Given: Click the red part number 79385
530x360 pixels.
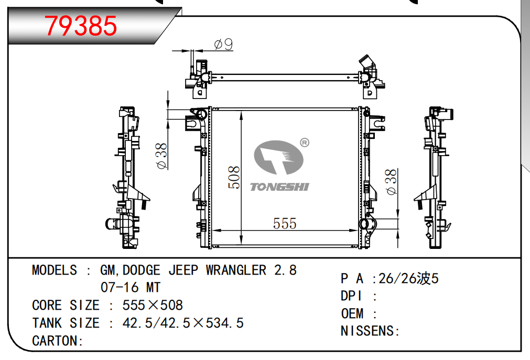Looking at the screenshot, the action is click(81, 26).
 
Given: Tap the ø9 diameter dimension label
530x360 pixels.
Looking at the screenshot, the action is click(223, 44).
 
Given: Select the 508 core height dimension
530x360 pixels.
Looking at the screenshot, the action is click(234, 177).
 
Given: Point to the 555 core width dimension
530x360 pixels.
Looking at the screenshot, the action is click(285, 223).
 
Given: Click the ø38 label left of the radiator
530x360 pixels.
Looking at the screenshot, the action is click(161, 156).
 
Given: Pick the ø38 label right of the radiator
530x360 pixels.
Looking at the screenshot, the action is click(391, 182).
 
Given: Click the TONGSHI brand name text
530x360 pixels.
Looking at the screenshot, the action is click(279, 187).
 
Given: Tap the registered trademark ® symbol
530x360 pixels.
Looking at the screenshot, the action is click(305, 143).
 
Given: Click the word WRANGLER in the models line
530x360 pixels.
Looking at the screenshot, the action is click(236, 270).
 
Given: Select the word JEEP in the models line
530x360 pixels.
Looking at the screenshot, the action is click(183, 270).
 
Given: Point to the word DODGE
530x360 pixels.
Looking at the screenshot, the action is click(142, 270).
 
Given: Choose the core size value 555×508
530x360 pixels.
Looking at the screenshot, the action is click(153, 305).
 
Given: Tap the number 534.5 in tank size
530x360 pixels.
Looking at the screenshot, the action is click(225, 323).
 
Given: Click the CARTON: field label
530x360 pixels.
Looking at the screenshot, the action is click(58, 341).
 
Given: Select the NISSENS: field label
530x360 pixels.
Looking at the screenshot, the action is click(370, 331).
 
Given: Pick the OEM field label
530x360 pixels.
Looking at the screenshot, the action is click(352, 314).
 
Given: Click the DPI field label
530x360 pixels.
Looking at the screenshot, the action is click(351, 296).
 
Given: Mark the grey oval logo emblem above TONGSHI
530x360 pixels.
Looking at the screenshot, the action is click(278, 157).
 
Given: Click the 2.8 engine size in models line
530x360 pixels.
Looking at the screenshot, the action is click(285, 270).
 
